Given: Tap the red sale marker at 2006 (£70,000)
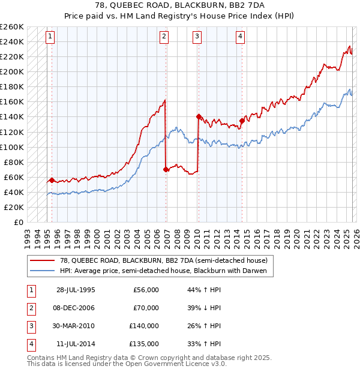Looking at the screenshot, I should [166, 169].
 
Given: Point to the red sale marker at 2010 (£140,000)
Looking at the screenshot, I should [198, 116].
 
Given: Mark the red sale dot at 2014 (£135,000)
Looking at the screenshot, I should [242, 121].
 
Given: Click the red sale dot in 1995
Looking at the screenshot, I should [52, 180].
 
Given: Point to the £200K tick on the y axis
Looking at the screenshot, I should [12, 71].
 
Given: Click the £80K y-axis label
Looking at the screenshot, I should [14, 162].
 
